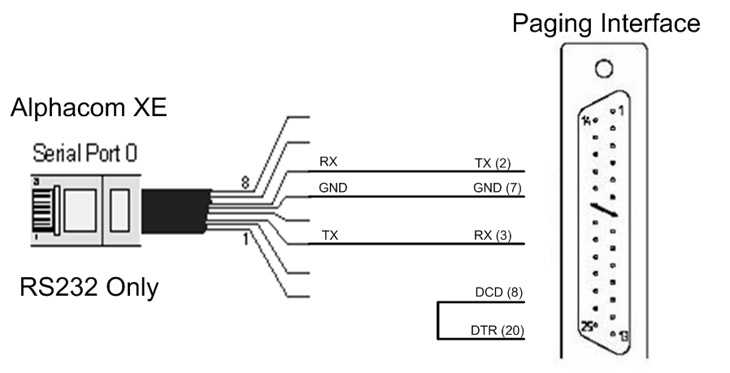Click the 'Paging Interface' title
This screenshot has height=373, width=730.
pos(606,23)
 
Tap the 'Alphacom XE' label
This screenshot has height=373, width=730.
pos(89,107)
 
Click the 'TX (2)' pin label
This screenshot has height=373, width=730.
pos(492,163)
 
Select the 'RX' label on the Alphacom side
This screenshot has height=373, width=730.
pos(328,163)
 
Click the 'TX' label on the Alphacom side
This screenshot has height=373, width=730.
pos(329,236)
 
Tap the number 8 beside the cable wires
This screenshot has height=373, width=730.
pos(245,183)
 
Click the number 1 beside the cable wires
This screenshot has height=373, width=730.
pos(245,241)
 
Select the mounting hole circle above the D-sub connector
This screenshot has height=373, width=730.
pos(603,68)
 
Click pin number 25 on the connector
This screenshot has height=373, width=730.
pos(589,327)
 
